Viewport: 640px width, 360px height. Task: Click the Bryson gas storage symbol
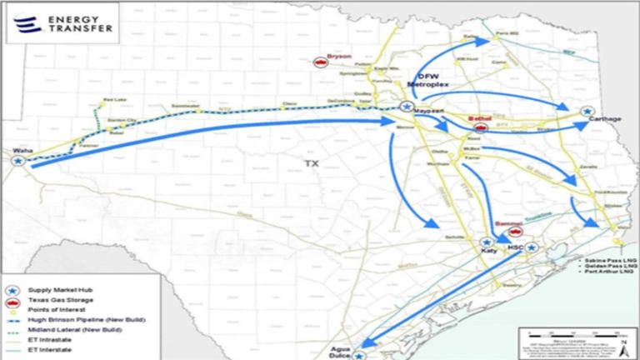click(x=319, y=62)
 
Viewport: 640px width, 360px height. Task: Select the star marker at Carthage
click(x=587, y=111)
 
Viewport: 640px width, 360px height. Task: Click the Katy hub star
click(x=486, y=242)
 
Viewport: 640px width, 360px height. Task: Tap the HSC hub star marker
click(x=531, y=247)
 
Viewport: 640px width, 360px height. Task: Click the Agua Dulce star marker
click(x=358, y=355)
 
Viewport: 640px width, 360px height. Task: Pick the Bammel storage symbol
click(x=515, y=233)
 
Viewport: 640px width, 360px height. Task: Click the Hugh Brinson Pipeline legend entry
click(x=71, y=319)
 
